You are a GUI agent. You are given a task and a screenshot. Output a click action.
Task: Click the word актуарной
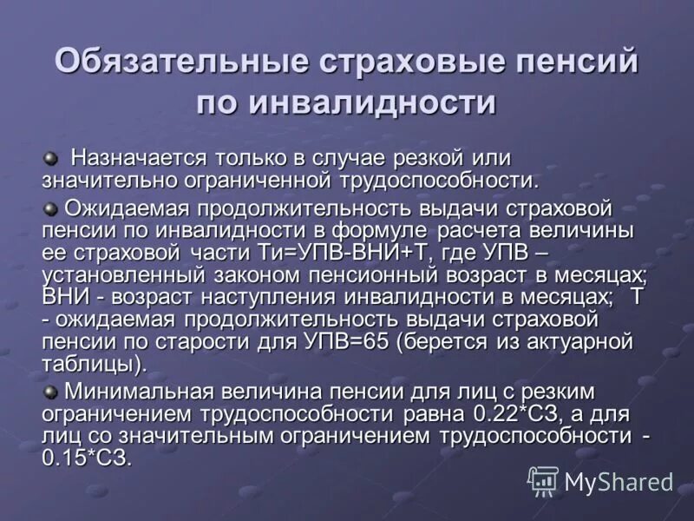tap(573, 342)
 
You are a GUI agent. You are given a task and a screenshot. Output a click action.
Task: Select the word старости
tap(213, 342)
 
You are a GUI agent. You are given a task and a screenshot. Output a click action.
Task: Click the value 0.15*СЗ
tap(87, 458)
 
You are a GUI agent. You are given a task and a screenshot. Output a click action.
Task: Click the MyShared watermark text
tap(618, 480)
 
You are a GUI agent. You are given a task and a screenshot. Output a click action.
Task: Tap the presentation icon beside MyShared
tap(543, 480)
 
